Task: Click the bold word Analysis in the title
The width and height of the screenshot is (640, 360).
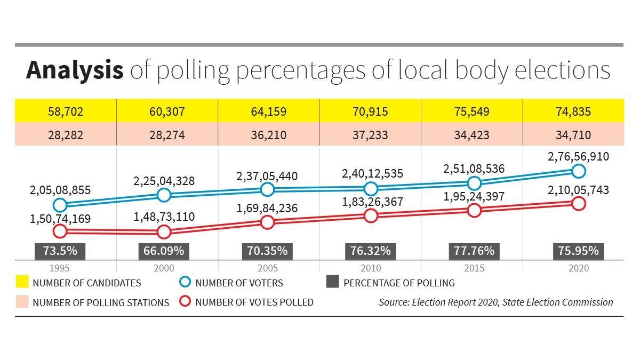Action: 75,70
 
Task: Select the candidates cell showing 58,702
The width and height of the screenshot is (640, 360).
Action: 66,111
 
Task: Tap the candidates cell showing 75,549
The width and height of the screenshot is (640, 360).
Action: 471,111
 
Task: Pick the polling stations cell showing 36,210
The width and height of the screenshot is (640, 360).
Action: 269,134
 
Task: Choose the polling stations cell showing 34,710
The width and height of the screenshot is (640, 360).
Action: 573,134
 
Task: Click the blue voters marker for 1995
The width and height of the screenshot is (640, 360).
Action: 60,205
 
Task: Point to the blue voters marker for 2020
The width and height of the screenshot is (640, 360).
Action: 579,171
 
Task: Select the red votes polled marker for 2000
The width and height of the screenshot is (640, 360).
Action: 164,231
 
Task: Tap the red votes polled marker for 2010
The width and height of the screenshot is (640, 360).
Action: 371,215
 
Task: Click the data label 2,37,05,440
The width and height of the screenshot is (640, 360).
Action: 267,177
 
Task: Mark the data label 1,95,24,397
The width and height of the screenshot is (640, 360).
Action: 474,197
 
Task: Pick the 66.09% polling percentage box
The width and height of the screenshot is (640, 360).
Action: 164,251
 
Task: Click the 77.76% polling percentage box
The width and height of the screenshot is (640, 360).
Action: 474,251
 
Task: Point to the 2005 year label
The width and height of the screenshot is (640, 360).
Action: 268,268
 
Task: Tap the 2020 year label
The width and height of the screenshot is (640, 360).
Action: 579,268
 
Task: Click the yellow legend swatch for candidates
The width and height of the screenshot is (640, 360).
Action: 22,282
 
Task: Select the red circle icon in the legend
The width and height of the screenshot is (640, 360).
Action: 185,301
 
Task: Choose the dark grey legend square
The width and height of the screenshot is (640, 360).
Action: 333,282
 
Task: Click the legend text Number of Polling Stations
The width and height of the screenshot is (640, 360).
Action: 101,302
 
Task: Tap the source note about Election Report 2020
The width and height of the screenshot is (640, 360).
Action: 496,302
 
